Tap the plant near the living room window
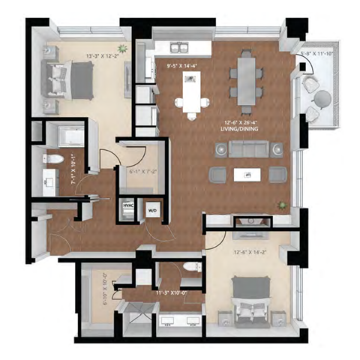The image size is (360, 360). click(x=281, y=205)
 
